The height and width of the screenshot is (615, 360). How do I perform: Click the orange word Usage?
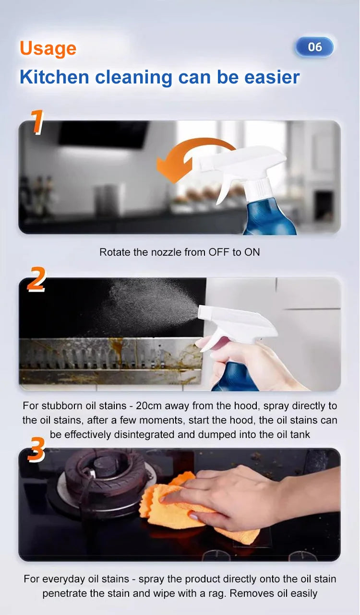tap(48, 49)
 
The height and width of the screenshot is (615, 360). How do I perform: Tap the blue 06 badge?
tap(314, 47)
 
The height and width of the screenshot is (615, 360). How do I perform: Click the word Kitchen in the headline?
tap(54, 77)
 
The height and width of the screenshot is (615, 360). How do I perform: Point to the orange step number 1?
tap(37, 122)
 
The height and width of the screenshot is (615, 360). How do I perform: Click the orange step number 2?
tap(36, 279)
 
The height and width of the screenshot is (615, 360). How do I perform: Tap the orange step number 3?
tap(36, 449)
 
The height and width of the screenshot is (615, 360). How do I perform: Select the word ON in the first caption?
tap(252, 252)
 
